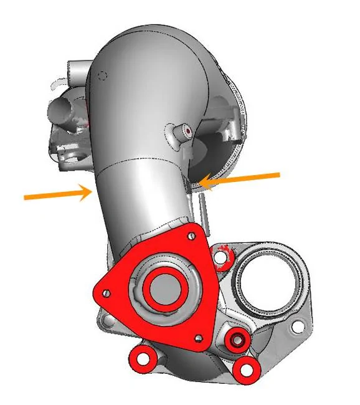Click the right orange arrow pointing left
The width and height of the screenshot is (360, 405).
point(243,179)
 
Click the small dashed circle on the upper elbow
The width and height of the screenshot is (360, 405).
point(103,75)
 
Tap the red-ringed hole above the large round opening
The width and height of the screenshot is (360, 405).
point(221,254)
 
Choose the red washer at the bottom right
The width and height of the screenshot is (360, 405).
point(247,369)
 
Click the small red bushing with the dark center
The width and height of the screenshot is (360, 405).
point(236,340)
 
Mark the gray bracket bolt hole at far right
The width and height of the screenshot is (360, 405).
point(298,325)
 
